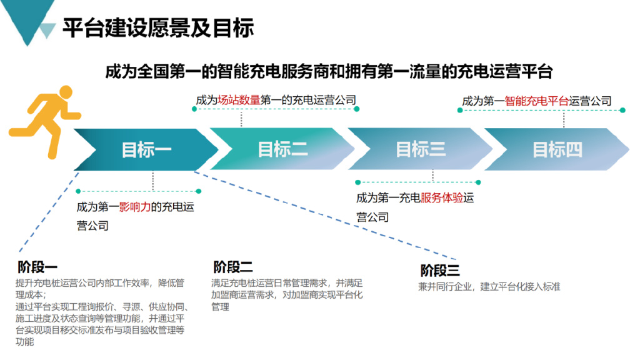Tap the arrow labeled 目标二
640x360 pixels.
click(282, 150)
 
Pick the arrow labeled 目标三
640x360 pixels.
click(420, 150)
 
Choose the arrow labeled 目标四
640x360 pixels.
click(557, 150)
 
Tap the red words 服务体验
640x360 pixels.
click(441, 198)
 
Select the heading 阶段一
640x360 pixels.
click(38, 267)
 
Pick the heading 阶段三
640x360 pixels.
click(439, 270)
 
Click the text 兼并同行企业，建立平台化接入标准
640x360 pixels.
click(489, 287)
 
